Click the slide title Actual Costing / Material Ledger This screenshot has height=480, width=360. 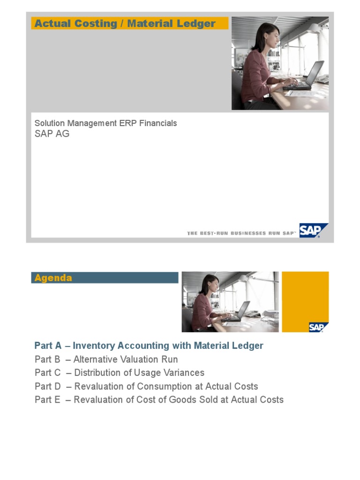(125, 23)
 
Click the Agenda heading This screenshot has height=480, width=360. (53, 278)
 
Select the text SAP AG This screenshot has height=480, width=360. (52, 134)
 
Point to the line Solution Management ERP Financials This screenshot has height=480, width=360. (105, 123)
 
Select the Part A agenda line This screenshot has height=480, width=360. (149, 346)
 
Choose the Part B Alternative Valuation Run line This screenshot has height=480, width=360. (106, 360)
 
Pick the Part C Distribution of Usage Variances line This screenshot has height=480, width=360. (119, 373)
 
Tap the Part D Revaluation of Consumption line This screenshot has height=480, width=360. (146, 387)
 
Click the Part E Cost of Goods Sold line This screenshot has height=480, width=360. (159, 400)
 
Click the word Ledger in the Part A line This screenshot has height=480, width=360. (248, 346)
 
